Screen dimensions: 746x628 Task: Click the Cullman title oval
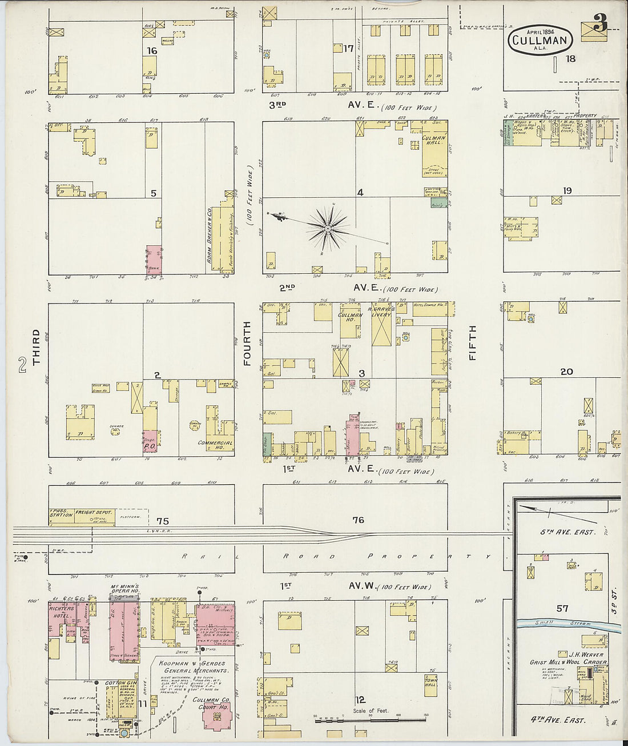coord(540,40)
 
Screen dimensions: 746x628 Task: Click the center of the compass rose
coord(328,229)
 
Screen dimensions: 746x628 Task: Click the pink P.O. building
coord(150,442)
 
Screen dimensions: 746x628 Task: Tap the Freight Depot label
coord(93,513)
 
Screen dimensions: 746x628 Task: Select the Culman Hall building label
coord(433,141)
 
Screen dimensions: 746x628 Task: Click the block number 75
coord(163,521)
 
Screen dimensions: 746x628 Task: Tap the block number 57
coord(562,608)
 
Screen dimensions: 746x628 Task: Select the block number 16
coord(151,51)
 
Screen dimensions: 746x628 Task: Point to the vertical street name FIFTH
coord(472,343)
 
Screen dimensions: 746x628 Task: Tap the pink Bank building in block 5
coord(154,261)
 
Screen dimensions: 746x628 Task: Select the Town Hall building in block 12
coord(430,682)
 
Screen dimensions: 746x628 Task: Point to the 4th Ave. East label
coord(562,720)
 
